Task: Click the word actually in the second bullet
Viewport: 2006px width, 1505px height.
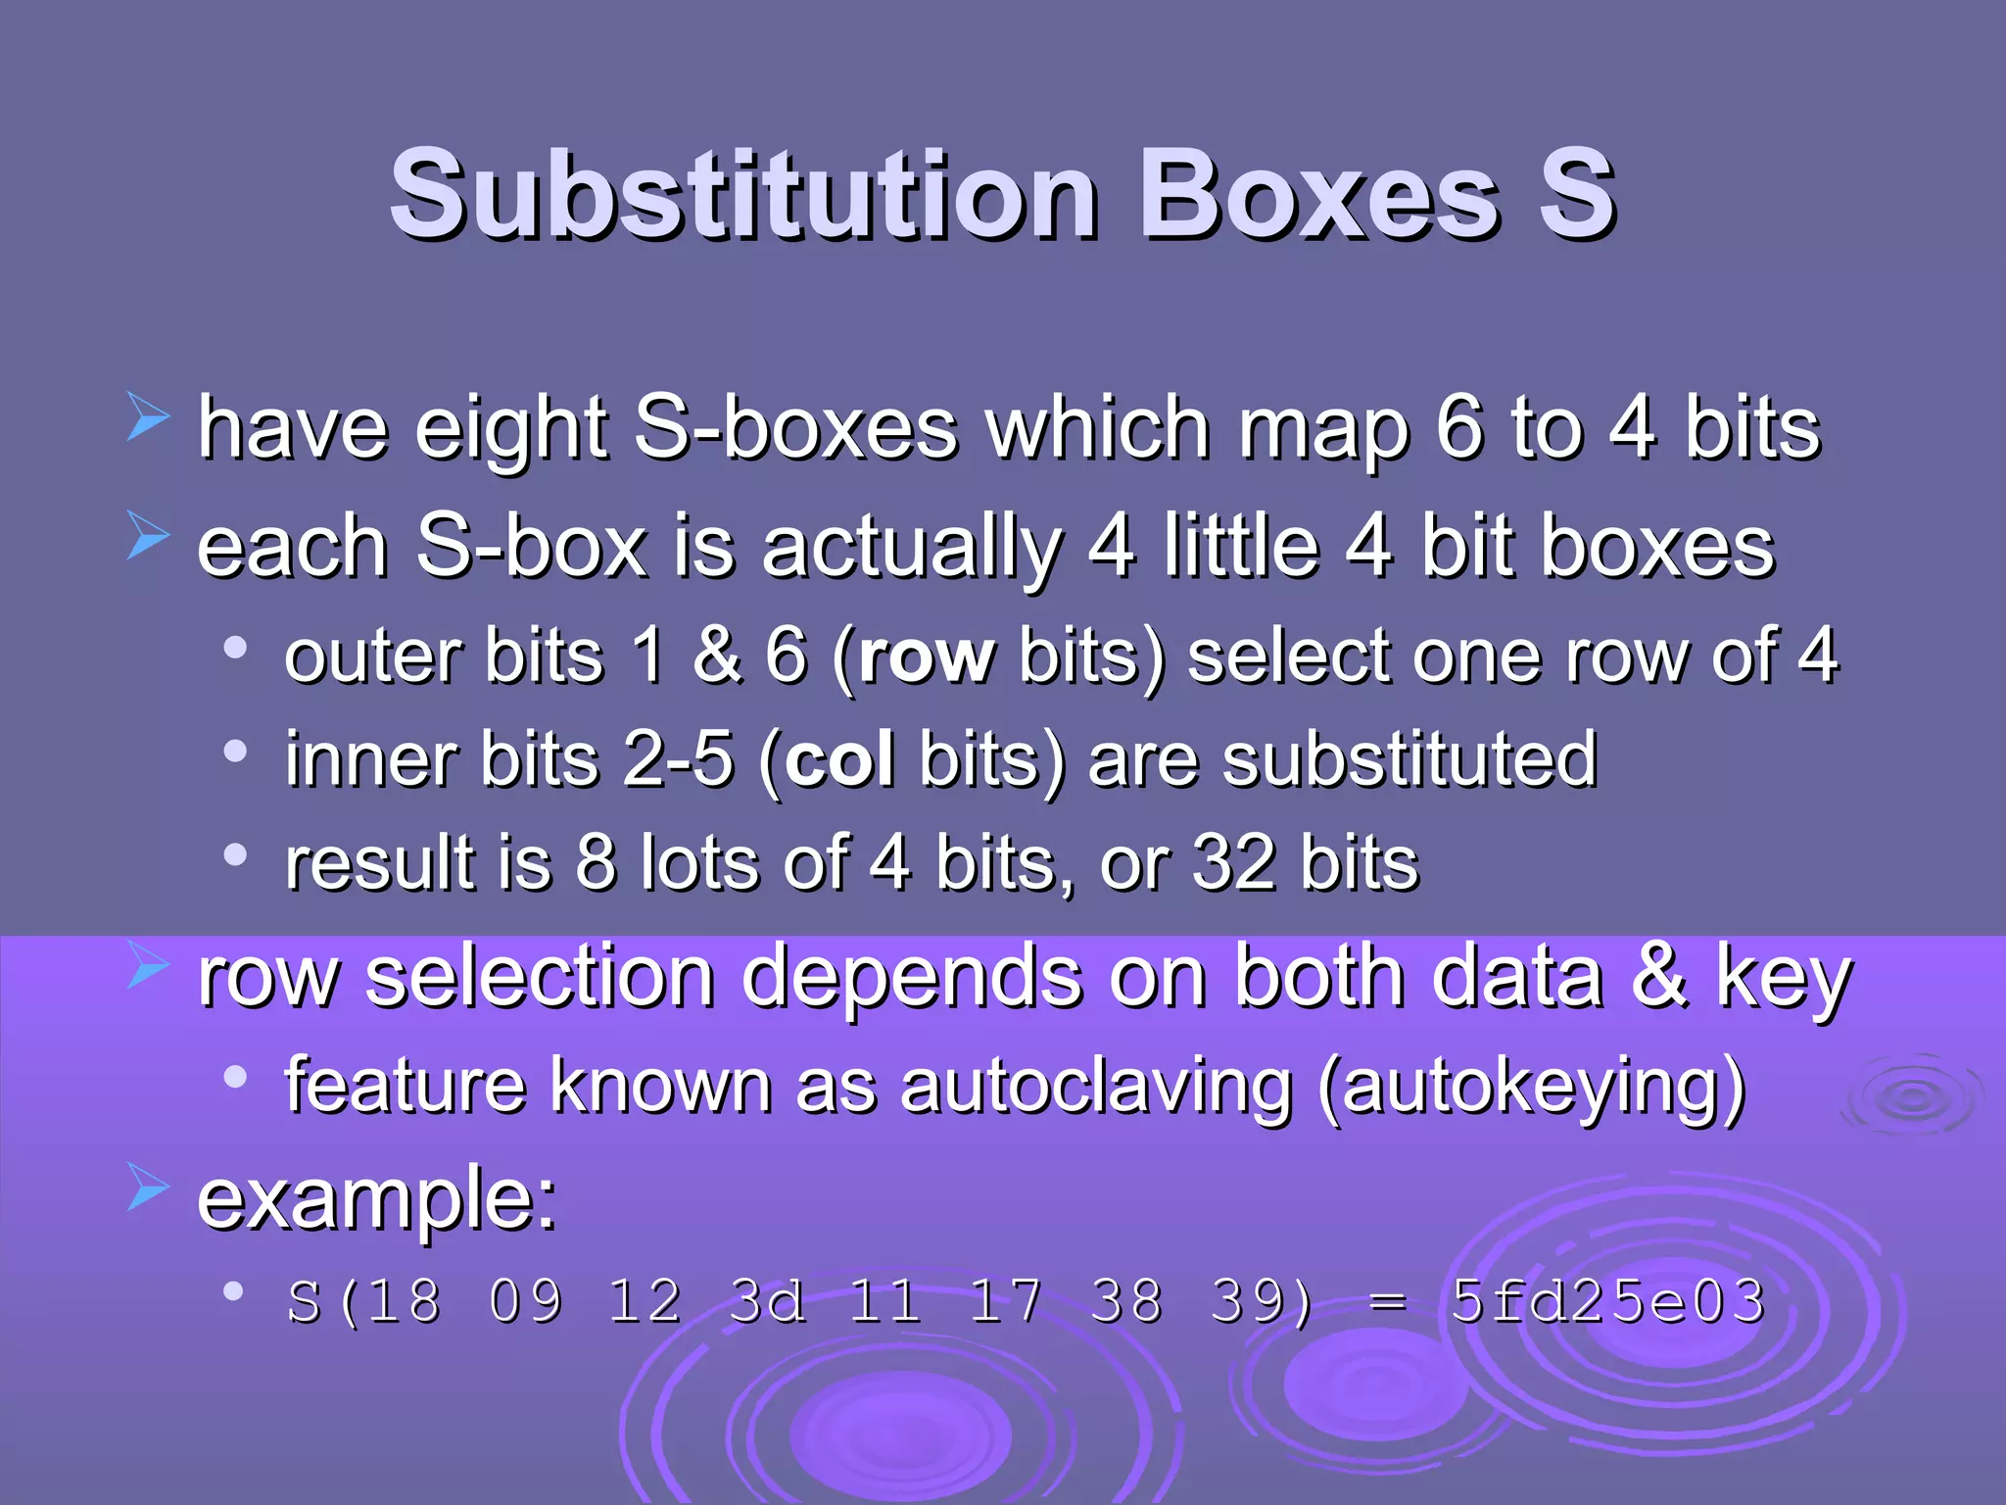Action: [911, 549]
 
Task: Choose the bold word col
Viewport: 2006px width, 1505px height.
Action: [839, 759]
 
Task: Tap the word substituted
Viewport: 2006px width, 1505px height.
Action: [1409, 759]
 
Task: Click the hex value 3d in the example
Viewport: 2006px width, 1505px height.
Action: [767, 1302]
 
